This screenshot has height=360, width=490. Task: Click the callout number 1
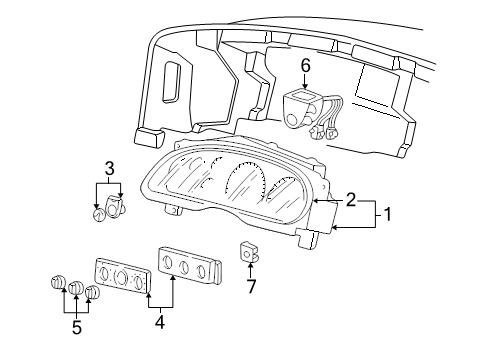point(387,214)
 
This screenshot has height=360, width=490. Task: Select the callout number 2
point(351,200)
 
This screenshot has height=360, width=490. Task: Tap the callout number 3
point(110,168)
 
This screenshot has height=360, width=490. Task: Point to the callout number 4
point(160,322)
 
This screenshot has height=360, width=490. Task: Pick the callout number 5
point(77,327)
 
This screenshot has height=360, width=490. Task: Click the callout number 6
point(305,65)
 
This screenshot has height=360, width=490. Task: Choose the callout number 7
point(251,287)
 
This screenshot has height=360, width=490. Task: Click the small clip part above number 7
point(249,252)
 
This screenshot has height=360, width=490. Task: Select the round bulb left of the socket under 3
point(99,214)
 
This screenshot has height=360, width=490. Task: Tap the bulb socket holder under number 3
point(115,206)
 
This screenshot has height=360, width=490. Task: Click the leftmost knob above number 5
point(57,282)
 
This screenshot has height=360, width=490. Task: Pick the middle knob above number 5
point(76,288)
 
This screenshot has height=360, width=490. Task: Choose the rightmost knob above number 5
point(92,293)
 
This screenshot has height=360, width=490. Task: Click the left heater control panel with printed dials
point(123,276)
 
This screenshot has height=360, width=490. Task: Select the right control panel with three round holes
point(189,266)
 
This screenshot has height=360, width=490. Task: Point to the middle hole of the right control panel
point(184,266)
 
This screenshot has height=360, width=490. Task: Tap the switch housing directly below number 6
point(300,108)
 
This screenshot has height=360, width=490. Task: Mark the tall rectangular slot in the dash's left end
point(171,82)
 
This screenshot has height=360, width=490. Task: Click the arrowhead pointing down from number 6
point(305,86)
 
